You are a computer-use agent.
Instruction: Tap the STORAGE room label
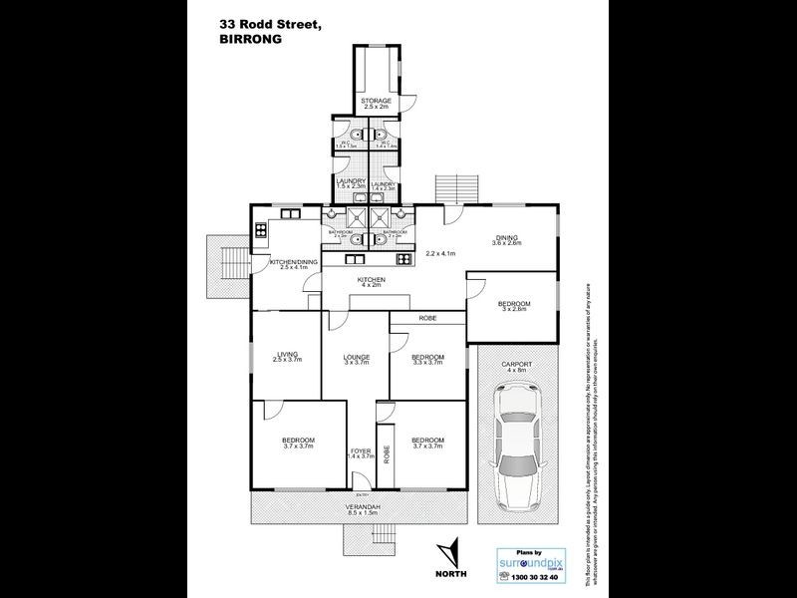point(375,102)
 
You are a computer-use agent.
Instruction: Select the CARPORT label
point(517,365)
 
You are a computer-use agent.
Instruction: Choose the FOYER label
point(361,452)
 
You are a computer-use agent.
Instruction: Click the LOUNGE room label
point(357,358)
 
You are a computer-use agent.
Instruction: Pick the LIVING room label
point(288,355)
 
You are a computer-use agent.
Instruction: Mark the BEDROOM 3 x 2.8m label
point(514,305)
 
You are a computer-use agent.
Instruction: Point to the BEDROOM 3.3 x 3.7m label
point(426,358)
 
